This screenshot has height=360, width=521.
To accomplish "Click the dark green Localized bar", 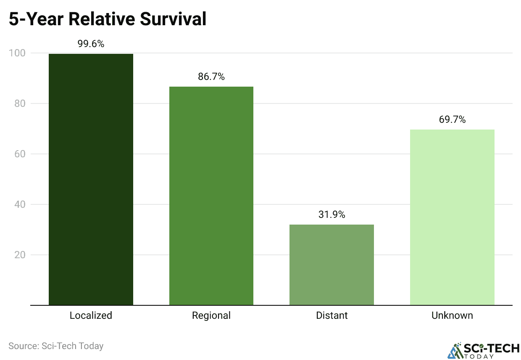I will pos(91,179).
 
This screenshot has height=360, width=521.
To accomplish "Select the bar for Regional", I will pos(211,196).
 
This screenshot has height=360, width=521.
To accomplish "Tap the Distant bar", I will pos(332,265).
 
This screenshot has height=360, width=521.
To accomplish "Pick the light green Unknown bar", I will pos(452,217).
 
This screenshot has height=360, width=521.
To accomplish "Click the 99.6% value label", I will pos(91,44).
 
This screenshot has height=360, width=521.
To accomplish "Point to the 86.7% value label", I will pos(211,77).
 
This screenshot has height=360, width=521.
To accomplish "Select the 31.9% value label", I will pos(332,214).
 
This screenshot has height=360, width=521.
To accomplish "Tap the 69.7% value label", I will pos(452,119).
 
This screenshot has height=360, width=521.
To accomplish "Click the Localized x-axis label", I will pos(91,315).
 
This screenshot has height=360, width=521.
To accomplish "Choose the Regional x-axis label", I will pos(211,315).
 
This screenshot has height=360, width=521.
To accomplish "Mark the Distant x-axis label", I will pos(332,315).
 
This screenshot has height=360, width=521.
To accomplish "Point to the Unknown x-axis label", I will pos(452,315).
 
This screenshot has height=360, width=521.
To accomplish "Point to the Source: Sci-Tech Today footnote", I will pos(56,346).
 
